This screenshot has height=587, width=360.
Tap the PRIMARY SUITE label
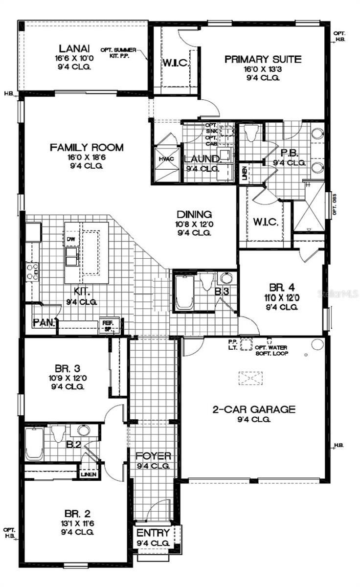[263, 60]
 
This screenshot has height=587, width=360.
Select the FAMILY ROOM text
[87, 147]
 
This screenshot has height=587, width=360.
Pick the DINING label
[194, 214]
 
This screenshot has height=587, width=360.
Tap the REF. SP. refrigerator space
[107, 325]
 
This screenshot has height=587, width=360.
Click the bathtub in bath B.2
[34, 443]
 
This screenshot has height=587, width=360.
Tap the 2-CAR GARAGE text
[253, 409]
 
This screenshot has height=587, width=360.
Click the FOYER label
[153, 456]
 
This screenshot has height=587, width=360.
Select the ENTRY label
[153, 533]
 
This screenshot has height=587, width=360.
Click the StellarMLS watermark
[337, 293]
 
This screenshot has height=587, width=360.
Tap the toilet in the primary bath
[251, 133]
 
